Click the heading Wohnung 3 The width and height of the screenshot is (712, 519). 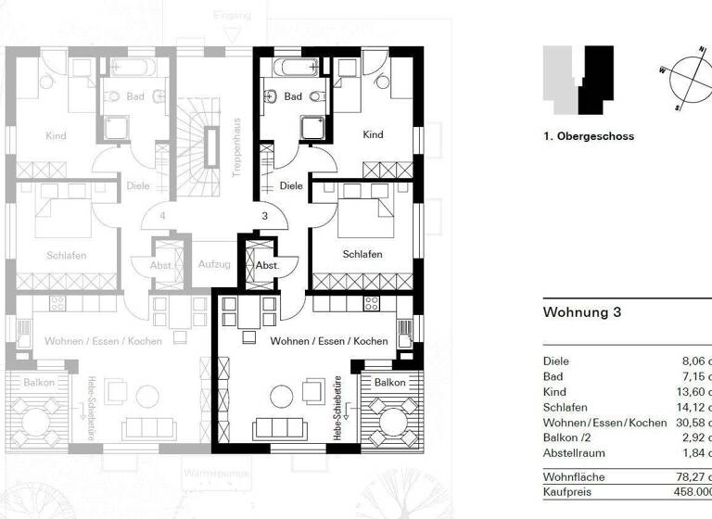coord(581,312)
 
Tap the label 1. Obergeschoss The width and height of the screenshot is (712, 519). coord(589,136)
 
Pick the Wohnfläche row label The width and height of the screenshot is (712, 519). coord(574,477)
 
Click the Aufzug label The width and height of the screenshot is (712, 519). coord(214,264)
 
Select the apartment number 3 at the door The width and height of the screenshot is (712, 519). coord(264,216)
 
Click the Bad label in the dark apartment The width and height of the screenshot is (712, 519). coord(293,96)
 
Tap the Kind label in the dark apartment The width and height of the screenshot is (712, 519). coord(373,135)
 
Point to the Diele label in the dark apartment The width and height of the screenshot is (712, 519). coord(291,186)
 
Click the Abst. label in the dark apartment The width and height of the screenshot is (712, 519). coord(267,265)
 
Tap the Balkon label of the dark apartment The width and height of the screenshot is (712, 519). coord(389,382)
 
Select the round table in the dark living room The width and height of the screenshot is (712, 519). coord(282,397)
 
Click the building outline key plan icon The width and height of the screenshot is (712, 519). coord(579,78)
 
